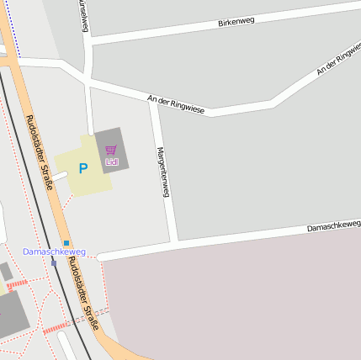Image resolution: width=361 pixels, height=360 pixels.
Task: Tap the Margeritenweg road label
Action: click(164, 172)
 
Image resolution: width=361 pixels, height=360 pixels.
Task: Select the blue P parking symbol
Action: click(82, 168)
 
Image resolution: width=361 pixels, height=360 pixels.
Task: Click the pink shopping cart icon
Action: click(111, 150)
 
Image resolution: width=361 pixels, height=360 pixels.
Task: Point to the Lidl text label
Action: click(111, 161)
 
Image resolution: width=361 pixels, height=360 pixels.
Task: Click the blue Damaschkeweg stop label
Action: click(54, 251)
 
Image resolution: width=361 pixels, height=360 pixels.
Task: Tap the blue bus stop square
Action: click(66, 242)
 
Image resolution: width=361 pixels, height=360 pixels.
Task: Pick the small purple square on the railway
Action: click(54, 262)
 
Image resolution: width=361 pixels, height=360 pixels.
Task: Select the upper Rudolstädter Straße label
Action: click(40, 151)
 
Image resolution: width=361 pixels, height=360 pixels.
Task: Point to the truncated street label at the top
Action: click(82, 15)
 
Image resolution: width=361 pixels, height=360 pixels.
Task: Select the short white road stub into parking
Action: click(61, 176)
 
